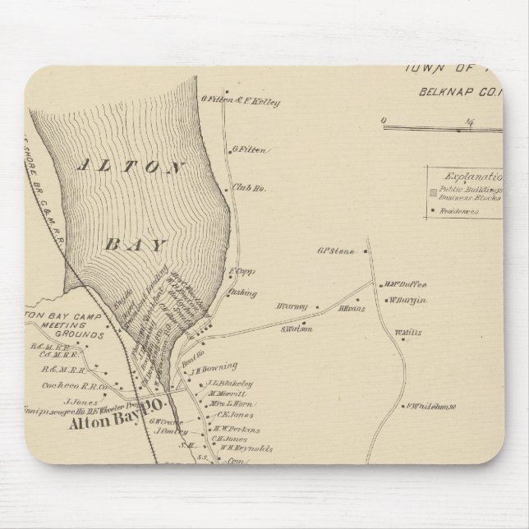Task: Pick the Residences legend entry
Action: (460, 210)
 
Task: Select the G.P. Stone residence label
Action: (334, 251)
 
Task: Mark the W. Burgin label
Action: (408, 301)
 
